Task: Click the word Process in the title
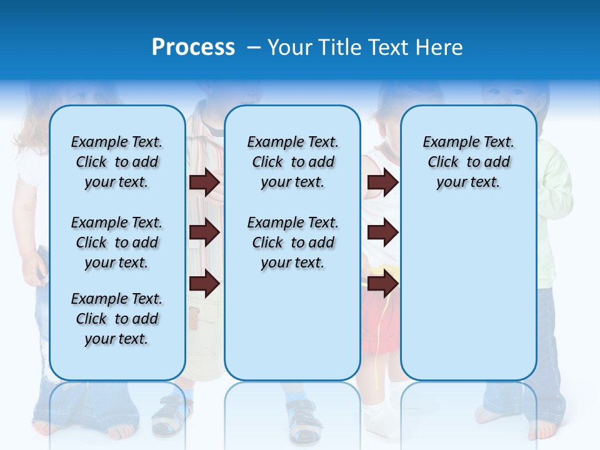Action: [193, 47]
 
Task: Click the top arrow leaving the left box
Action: [204, 182]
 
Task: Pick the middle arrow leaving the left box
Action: [204, 233]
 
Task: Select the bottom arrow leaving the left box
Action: [204, 284]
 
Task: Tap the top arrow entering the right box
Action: [382, 182]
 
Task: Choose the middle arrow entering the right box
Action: [382, 233]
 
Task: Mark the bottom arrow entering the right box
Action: [382, 284]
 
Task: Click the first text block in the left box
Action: [117, 162]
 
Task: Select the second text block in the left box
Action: [117, 242]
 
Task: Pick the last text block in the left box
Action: [117, 319]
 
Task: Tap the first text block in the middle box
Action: [292, 162]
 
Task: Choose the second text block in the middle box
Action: [292, 242]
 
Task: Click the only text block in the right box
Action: [468, 162]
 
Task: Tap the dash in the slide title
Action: [254, 47]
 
